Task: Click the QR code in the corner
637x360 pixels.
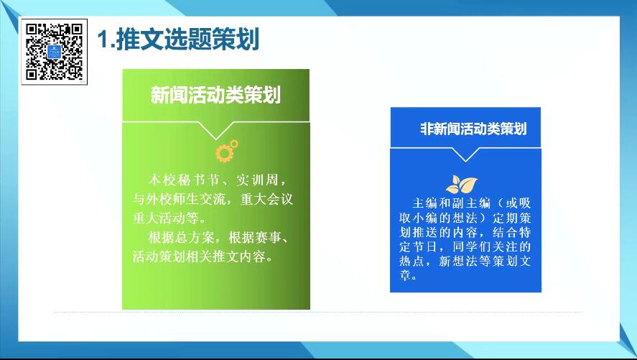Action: pyautogui.click(x=54, y=52)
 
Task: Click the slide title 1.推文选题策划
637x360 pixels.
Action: pyautogui.click(x=178, y=40)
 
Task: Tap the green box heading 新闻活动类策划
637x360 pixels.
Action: pyautogui.click(x=215, y=95)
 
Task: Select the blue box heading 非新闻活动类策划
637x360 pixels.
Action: pyautogui.click(x=473, y=129)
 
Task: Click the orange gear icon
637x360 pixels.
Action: pyautogui.click(x=227, y=151)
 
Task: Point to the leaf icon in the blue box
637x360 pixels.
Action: pyautogui.click(x=462, y=185)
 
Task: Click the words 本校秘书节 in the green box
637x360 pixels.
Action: pyautogui.click(x=184, y=180)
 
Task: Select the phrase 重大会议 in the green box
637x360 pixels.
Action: pyautogui.click(x=266, y=199)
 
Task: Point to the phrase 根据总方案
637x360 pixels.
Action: pyautogui.click(x=179, y=237)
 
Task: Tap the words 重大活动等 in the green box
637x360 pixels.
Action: pyautogui.click(x=165, y=218)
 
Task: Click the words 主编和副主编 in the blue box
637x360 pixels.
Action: pyautogui.click(x=451, y=203)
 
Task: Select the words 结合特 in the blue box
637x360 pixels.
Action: pyautogui.click(x=511, y=232)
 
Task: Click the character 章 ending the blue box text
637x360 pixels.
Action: pyautogui.click(x=405, y=275)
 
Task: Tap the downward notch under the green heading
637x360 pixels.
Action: pyautogui.click(x=216, y=131)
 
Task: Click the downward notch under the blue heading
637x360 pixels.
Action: pyautogui.click(x=465, y=154)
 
